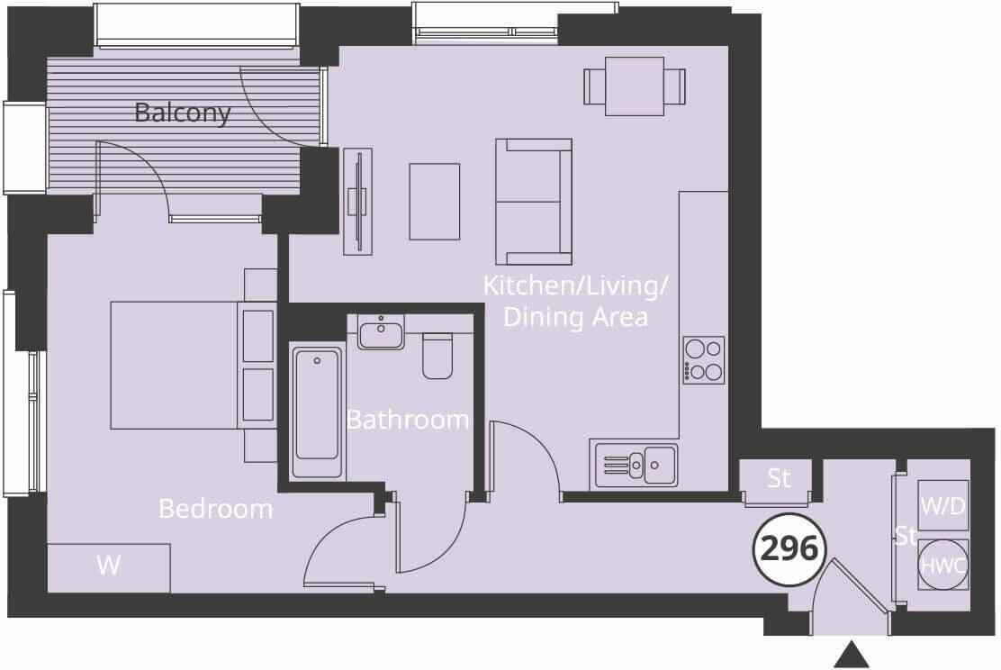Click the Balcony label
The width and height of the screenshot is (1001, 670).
[x=182, y=113]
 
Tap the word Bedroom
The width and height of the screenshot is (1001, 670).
[x=215, y=509]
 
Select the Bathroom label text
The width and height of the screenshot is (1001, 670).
[x=408, y=420]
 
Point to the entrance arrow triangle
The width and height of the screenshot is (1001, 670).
[x=851, y=655]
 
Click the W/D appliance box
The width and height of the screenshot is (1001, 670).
[x=942, y=506]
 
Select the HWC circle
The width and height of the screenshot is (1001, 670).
[x=942, y=566]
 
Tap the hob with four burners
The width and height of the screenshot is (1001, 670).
[x=704, y=360]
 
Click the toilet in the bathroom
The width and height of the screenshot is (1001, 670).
[x=437, y=357]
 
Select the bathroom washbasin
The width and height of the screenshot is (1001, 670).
[x=381, y=332]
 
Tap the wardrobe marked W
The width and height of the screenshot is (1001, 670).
[x=109, y=567]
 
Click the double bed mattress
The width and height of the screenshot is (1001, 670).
[x=174, y=365]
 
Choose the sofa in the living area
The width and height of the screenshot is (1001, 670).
[x=533, y=201]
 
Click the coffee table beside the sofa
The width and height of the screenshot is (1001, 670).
[x=435, y=202]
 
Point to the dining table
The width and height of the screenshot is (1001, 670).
[x=635, y=86]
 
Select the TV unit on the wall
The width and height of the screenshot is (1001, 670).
[x=358, y=201]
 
